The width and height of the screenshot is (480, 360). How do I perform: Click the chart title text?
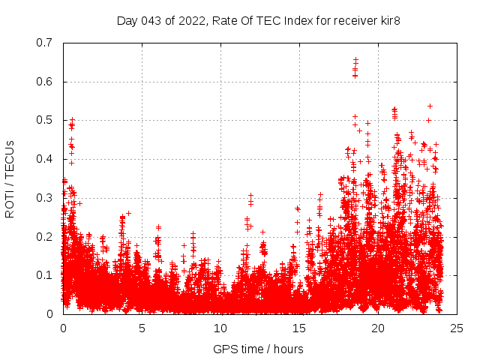click(x=258, y=20)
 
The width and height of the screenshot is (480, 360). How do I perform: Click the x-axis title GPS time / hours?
click(x=258, y=349)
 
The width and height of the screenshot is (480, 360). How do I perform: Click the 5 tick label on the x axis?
click(x=142, y=328)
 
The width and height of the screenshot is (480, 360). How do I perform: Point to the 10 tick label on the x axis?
click(x=220, y=328)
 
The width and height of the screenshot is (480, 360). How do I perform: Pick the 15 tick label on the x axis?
click(x=299, y=328)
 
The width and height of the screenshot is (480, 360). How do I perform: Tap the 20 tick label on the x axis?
click(x=378, y=328)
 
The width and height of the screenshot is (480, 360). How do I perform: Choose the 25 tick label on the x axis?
click(x=457, y=328)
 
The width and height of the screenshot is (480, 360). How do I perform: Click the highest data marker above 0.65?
click(x=355, y=59)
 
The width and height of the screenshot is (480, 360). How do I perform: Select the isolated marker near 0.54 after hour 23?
click(x=430, y=106)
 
